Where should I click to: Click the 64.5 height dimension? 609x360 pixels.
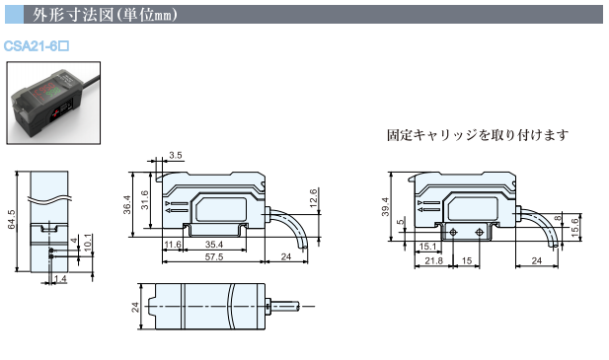[x=12, y=220]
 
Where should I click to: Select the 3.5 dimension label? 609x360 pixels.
[x=176, y=155]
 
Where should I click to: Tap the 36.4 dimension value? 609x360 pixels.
[x=126, y=204]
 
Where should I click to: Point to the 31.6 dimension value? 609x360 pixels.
[x=144, y=200]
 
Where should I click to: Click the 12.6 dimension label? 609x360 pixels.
[x=314, y=198]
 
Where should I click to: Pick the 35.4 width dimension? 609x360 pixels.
[x=214, y=245]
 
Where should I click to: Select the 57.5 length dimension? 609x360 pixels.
[x=214, y=256]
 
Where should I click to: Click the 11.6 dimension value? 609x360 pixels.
[x=173, y=245]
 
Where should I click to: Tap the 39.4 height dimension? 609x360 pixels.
[x=385, y=207]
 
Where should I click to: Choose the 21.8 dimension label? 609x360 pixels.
[x=434, y=260]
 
